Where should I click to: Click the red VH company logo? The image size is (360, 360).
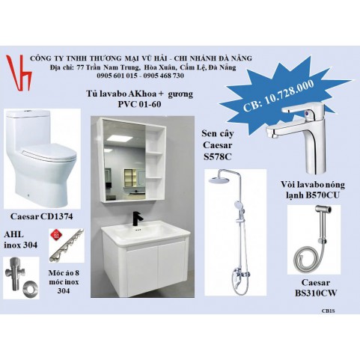19,73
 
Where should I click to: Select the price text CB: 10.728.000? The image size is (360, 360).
278,95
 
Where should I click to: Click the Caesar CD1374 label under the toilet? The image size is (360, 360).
42,216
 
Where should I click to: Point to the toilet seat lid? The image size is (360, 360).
48,152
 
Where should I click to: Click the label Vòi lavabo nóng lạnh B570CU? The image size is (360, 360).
313,190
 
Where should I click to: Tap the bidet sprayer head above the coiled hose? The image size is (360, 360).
323,211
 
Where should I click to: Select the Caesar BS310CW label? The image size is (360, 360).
316,287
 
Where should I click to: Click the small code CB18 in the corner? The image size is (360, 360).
328,311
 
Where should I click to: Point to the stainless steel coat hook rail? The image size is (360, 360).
67,245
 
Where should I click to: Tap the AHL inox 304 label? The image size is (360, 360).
20,240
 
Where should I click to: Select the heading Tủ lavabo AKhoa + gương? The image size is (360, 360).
139,94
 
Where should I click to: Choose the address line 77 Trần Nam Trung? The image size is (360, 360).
108,67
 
